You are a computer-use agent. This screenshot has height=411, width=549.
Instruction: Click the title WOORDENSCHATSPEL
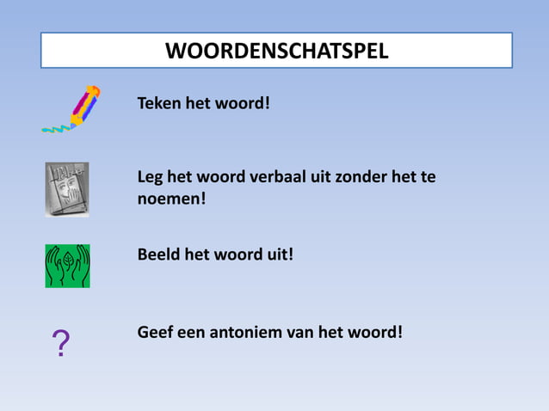coord(276,51)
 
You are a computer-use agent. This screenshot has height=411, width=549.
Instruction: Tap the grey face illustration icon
coord(67,189)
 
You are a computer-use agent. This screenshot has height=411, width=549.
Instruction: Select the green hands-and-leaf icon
coord(67,266)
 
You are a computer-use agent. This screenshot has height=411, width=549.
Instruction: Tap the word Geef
coord(156,331)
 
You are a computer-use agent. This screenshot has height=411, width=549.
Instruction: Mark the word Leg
coord(151,178)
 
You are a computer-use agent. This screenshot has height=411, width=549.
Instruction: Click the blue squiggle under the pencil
coord(55,129)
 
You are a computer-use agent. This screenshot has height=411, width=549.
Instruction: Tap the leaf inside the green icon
coord(67,259)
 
